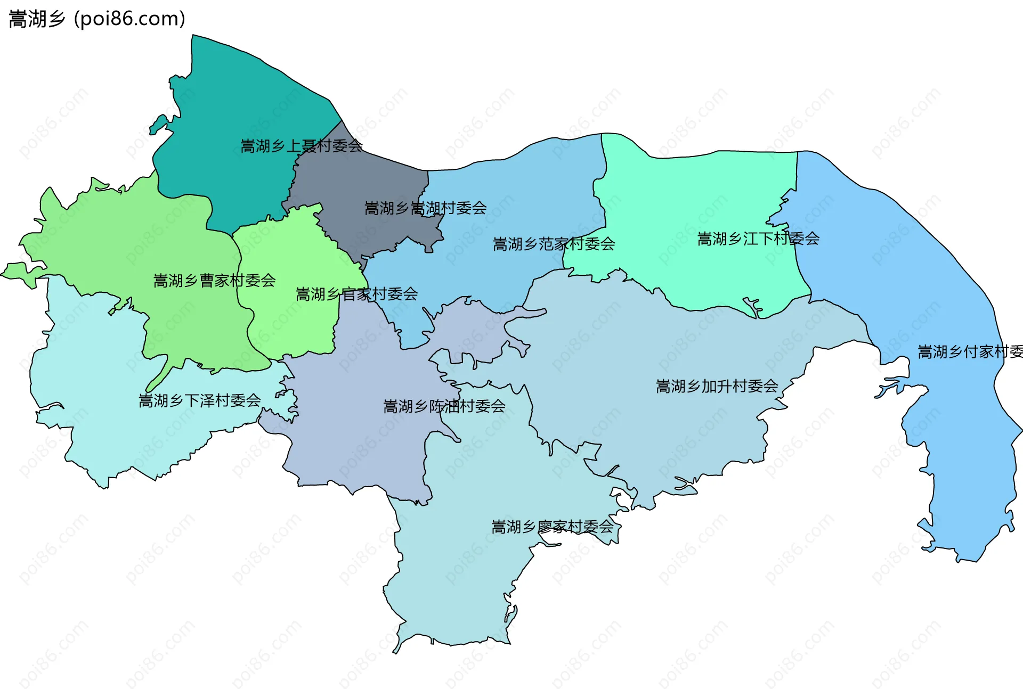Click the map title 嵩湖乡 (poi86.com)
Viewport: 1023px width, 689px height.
[97, 19]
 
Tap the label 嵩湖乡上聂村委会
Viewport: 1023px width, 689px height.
[302, 145]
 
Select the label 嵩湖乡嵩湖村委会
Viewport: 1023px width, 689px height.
[425, 208]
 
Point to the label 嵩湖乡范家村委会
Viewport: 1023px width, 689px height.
[554, 244]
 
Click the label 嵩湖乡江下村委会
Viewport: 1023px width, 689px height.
[758, 239]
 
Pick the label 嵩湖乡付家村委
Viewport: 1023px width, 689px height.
[970, 351]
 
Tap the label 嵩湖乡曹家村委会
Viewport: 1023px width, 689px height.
[214, 281]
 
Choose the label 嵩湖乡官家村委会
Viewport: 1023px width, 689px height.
[356, 294]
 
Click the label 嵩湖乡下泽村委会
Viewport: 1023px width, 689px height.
[199, 400]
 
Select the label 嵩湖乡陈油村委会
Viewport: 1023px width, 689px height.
[444, 406]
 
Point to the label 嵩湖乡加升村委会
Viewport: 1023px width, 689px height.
[717, 386]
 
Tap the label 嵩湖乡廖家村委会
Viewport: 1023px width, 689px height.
[552, 527]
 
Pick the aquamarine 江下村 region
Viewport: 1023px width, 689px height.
[693, 192]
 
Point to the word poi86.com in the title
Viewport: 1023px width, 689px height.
[129, 19]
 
